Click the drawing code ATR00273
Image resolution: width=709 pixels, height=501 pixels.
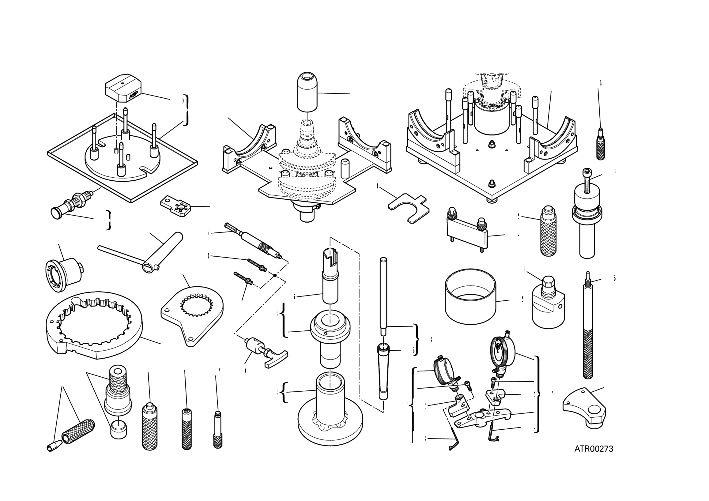coord(594,449)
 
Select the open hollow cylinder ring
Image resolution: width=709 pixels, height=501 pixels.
coord(470,296)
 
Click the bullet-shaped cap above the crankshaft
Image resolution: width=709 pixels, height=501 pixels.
coord(307,91)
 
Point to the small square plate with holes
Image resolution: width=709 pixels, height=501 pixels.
coord(176,205)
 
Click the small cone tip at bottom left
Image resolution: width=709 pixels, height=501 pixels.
coord(53,447)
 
